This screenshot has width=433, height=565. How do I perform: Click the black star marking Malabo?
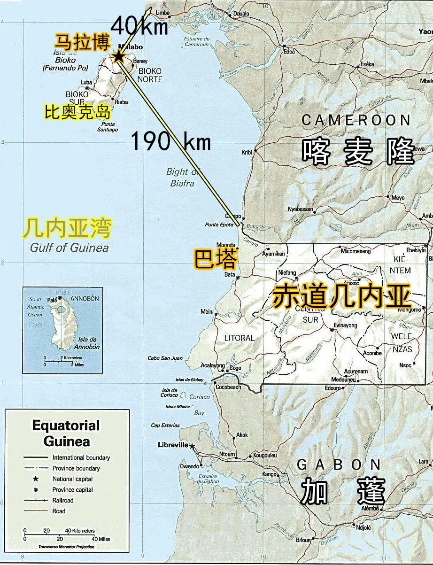click(118, 57)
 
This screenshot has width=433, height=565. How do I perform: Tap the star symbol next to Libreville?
click(192, 446)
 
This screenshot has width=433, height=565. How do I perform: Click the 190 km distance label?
click(170, 140)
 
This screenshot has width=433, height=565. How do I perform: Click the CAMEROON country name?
click(356, 120)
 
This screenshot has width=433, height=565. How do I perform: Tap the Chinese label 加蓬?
click(342, 492)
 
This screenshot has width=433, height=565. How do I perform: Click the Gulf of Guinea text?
click(69, 248)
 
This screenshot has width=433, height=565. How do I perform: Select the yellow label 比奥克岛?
click(77, 113)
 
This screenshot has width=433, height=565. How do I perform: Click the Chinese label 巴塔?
click(216, 259)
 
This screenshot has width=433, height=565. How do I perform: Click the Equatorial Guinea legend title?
click(66, 433)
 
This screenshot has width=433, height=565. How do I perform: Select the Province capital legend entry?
click(72, 489)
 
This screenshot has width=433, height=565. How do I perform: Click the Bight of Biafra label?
click(181, 178)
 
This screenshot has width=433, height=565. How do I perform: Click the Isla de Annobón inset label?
click(87, 343)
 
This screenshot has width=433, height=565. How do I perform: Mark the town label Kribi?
click(247, 152)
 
